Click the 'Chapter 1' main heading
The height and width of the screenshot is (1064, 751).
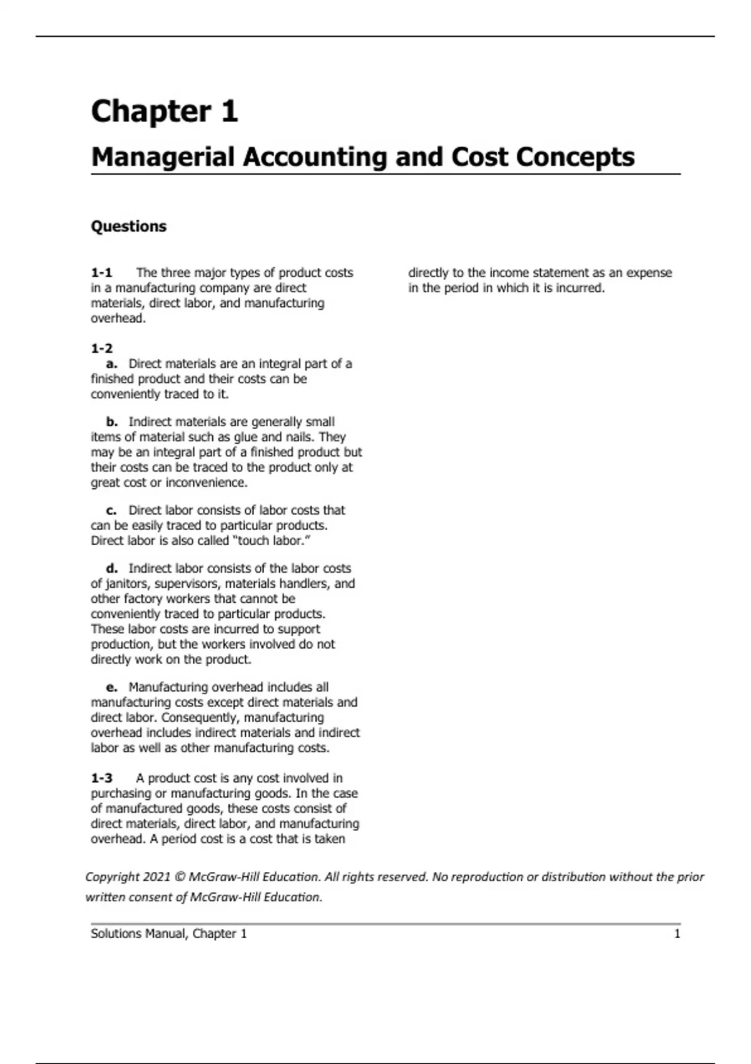165,112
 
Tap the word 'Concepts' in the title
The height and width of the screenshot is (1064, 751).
575,157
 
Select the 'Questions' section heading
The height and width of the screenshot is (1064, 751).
128,227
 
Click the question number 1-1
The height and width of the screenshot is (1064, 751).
101,273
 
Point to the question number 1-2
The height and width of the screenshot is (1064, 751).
101,349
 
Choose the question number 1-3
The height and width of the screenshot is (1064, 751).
101,778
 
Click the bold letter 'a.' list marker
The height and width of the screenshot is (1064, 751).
112,364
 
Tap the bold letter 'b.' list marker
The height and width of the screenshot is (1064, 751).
112,422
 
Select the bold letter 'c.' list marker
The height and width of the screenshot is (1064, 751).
111,510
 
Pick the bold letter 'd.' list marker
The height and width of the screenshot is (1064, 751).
112,568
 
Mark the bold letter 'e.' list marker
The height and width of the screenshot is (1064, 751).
112,687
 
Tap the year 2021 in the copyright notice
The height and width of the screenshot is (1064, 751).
156,877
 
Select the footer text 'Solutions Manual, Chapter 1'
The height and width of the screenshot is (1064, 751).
168,934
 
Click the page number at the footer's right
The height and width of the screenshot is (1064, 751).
677,934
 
